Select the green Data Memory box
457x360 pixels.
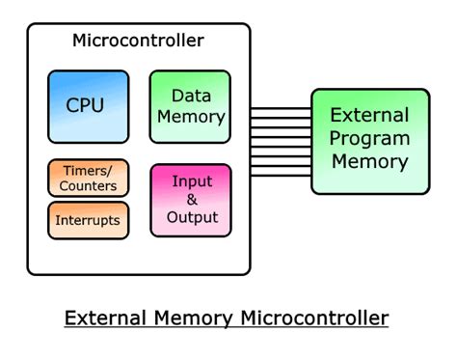190,106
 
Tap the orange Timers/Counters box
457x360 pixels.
88,178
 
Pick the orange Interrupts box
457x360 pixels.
88,220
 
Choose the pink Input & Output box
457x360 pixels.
191,200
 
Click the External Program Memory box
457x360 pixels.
369,141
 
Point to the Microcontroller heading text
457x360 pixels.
138,41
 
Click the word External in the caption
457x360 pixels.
105,318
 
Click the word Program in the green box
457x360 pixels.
370,138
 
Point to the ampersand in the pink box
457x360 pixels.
191,199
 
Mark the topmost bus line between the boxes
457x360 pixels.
280,108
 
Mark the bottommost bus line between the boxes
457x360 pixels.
280,176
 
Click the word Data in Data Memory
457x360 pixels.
191,96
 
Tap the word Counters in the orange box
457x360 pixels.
88,185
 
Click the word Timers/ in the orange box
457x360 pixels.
87,171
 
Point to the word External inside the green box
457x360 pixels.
370,115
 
